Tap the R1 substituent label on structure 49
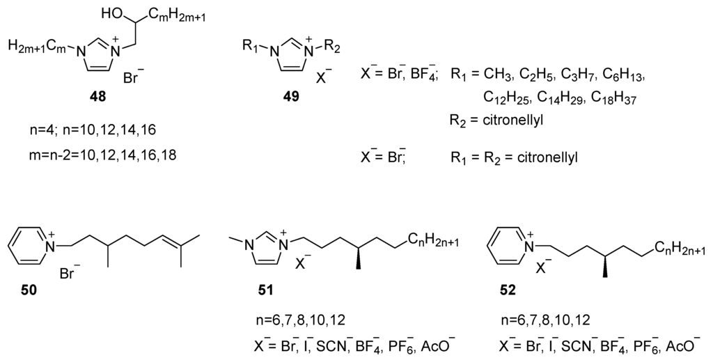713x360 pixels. [x=249, y=47]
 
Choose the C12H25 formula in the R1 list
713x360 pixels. [x=505, y=98]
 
